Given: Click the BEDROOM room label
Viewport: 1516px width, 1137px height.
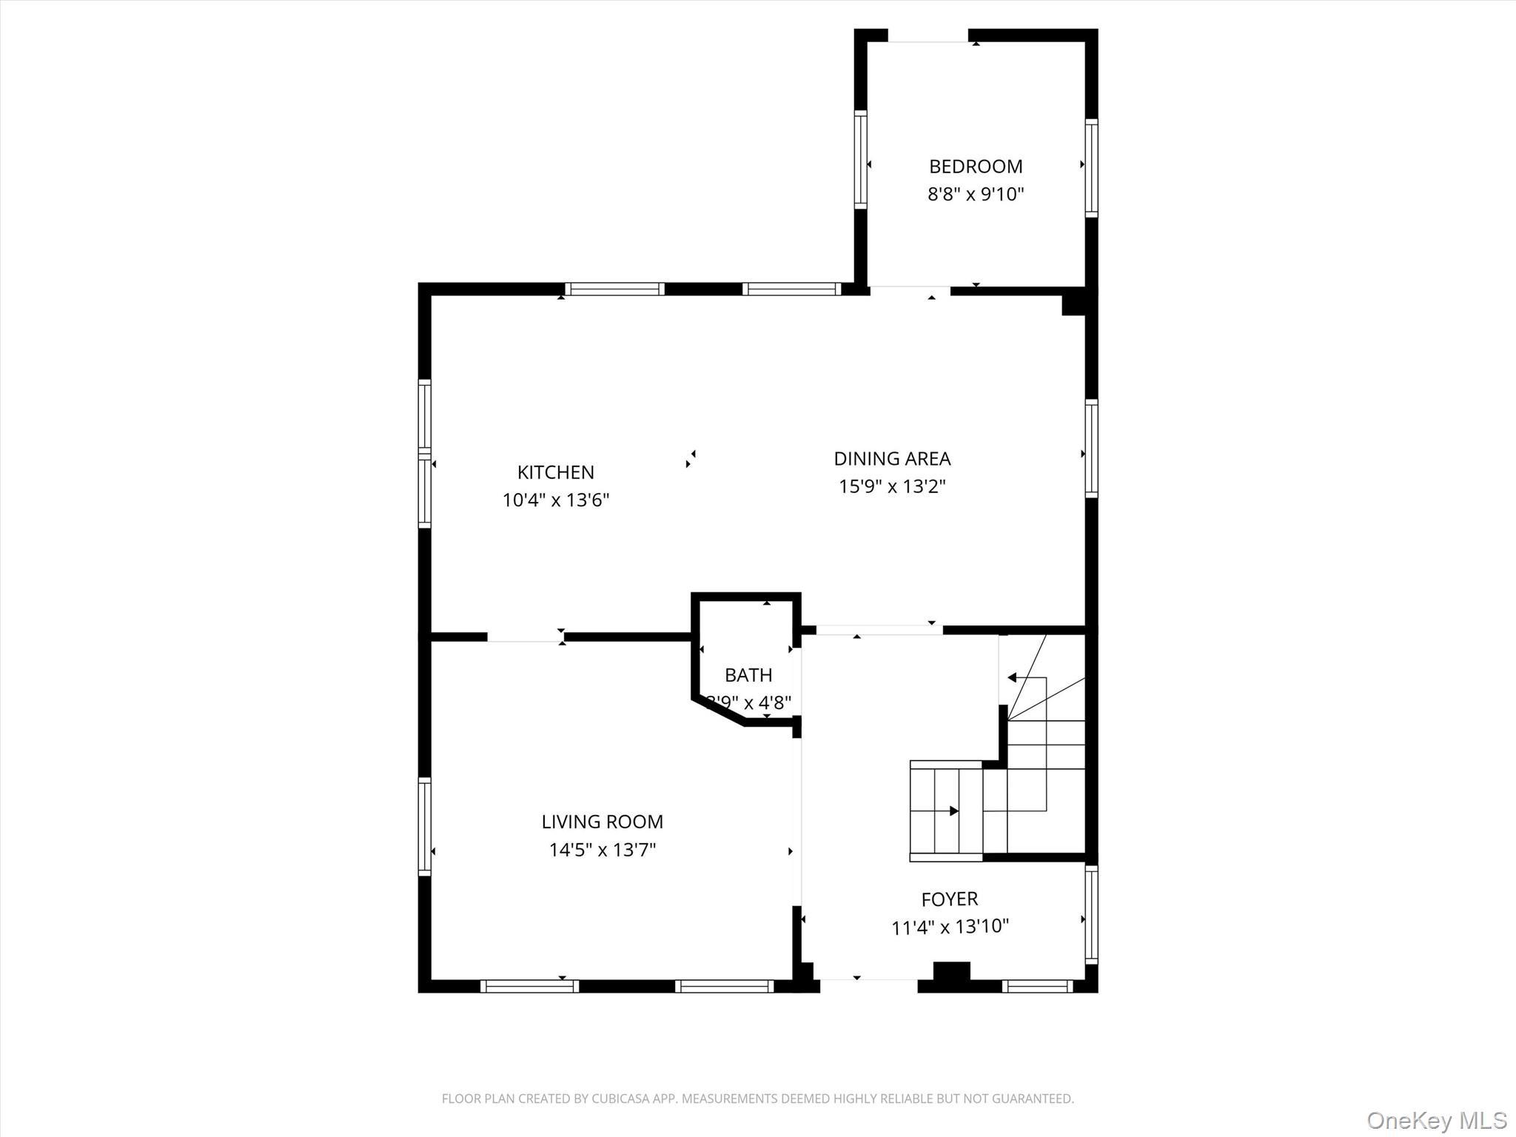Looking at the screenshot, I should [x=976, y=167].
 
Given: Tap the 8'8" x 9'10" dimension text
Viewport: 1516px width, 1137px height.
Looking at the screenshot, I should [x=976, y=195].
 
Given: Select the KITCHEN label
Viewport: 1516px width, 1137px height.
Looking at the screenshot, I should [x=555, y=472].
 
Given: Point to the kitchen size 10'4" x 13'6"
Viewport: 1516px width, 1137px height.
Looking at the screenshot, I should [x=555, y=500].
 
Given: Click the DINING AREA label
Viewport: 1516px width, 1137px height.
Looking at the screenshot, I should [x=892, y=459].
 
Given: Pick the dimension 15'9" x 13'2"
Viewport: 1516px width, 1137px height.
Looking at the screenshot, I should [x=892, y=487].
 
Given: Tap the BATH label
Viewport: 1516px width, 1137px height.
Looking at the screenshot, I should [x=748, y=675].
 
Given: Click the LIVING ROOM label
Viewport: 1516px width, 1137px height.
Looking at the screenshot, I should [x=602, y=822].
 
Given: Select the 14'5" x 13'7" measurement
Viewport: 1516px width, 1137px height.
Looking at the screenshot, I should [x=602, y=850].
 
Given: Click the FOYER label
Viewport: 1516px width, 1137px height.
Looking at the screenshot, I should [x=949, y=899].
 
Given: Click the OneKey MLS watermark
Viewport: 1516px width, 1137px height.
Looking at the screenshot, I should [x=1436, y=1120].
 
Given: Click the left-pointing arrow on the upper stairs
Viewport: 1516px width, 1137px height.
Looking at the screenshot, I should [x=1012, y=677].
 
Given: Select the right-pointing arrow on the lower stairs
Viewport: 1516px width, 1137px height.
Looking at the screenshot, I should [x=953, y=811].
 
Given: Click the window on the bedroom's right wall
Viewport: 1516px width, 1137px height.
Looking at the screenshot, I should [x=1091, y=167].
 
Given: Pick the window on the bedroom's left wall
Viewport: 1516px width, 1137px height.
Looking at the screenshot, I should [x=860, y=159].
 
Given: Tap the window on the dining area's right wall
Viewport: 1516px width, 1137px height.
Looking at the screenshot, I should [x=1091, y=448].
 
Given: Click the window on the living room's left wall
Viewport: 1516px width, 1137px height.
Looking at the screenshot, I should [x=424, y=826].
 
